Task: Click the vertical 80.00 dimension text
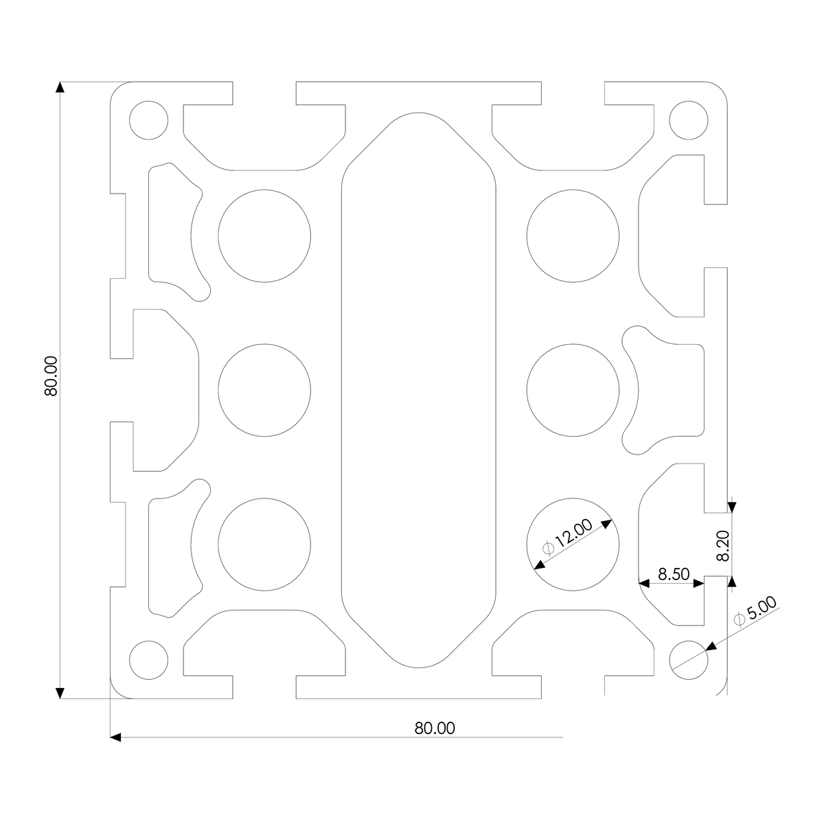coord(51,376)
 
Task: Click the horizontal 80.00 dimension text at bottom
coord(435,729)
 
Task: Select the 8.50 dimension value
coord(674,574)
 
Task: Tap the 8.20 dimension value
coord(722,546)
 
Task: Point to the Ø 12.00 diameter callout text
coord(567,538)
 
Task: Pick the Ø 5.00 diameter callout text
coord(755,612)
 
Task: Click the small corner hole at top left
coord(148,120)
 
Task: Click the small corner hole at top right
coord(689,120)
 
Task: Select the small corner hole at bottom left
coord(148,660)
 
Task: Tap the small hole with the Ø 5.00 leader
coord(689,660)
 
